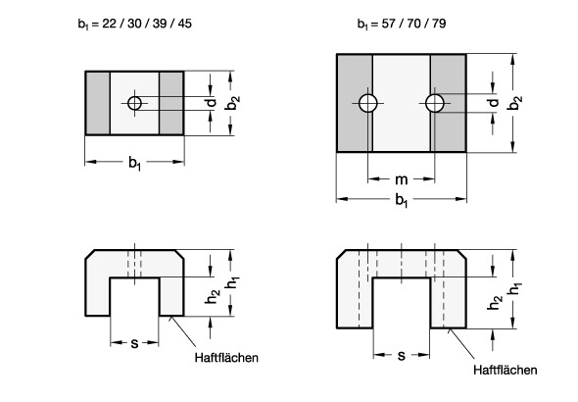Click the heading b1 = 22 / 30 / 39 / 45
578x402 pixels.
coord(135,24)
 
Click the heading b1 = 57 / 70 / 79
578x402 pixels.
coord(402,24)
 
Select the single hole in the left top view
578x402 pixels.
coord(134,103)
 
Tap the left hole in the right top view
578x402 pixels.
coord(368,103)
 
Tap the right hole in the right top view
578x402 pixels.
coord(435,103)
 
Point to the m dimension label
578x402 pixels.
coord(402,179)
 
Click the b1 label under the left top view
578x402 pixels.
coord(134,163)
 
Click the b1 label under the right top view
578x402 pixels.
coord(402,200)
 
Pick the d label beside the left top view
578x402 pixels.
coord(212,102)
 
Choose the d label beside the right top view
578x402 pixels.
coord(493,103)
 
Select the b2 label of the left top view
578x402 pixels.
coord(232,103)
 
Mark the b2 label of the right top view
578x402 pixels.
coord(514,103)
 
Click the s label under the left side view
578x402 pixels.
coord(134,344)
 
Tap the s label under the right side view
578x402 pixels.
coord(402,356)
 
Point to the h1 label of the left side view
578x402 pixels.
coord(232,283)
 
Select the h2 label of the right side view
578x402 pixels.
coord(494,302)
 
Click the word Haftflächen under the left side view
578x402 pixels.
coord(226,358)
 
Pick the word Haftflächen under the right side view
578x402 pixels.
coord(505,370)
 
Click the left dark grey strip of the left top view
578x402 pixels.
coord(98,103)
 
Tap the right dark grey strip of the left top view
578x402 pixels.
coord(171,103)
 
